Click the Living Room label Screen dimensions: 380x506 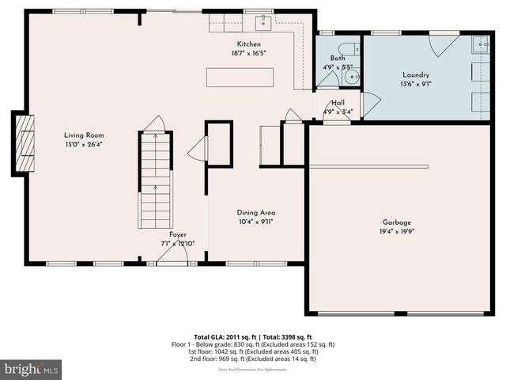coord(84,135)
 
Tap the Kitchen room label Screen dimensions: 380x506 coord(248,44)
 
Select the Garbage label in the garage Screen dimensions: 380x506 coord(397,222)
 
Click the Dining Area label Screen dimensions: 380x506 coord(256,213)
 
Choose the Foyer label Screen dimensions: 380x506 coord(178,235)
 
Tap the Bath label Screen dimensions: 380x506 coord(338,58)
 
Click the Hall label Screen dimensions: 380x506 coord(338,103)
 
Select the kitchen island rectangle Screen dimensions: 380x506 coord(240,78)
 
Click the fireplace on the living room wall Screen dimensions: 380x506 coord(26,143)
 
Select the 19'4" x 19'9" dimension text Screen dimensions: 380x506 coord(397,231)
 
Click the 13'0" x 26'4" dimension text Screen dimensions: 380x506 coord(84,145)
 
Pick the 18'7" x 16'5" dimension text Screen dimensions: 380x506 coord(248,53)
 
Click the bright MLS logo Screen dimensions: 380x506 coord(32,369)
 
